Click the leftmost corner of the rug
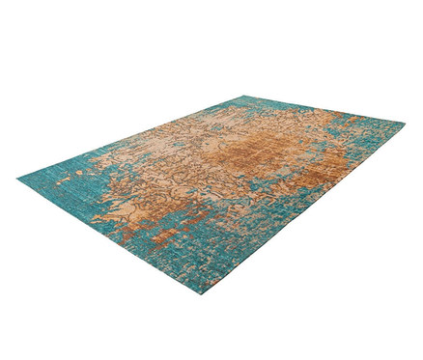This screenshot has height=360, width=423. (x=18, y=179)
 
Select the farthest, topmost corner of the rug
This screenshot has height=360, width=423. (x=243, y=96)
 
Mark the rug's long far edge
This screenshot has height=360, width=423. (x=135, y=135)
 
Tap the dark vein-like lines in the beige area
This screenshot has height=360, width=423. (x=208, y=154)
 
